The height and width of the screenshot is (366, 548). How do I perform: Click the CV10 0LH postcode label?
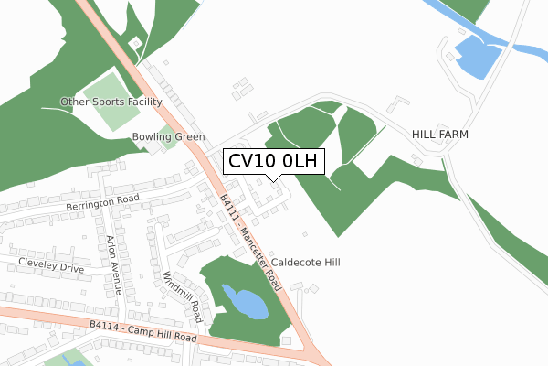(271, 162)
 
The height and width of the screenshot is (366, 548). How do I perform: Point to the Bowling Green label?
(168, 137)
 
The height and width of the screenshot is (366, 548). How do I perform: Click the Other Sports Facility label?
(111, 102)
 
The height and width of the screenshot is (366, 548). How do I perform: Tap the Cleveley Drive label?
(50, 265)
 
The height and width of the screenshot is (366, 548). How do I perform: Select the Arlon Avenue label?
(115, 266)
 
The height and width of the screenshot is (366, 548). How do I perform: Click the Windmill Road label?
(182, 297)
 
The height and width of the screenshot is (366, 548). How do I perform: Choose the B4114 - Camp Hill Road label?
(143, 330)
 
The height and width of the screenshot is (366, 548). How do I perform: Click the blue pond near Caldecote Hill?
(245, 301)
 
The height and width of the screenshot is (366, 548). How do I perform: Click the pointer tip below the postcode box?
(271, 178)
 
